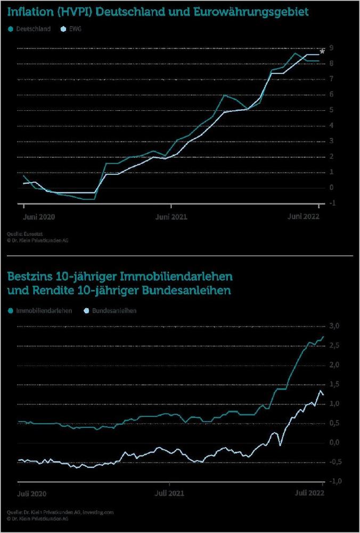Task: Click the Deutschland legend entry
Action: click(x=33, y=29)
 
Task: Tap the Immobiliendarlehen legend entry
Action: click(x=44, y=310)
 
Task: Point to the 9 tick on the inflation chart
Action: click(x=331, y=48)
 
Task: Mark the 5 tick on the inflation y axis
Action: click(x=331, y=110)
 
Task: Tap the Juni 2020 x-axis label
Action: click(x=39, y=217)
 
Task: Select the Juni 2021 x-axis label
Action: click(x=171, y=217)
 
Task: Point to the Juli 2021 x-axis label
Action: click(x=170, y=494)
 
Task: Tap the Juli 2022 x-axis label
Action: click(x=308, y=494)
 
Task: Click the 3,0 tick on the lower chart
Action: click(x=333, y=326)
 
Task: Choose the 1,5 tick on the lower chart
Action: click(x=333, y=384)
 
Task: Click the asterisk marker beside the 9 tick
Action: click(x=322, y=52)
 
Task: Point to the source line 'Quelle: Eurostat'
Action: click(x=26, y=233)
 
